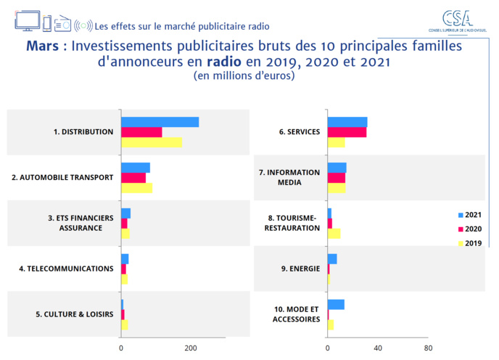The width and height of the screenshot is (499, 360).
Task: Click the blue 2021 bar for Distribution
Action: pos(160,122)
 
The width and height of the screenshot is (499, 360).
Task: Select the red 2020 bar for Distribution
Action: pos(141,132)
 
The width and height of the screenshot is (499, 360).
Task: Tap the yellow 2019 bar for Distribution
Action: pos(152,142)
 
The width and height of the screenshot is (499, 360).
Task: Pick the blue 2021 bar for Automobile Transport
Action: pos(136,168)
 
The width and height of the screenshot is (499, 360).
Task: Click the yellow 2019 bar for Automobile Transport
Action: pos(136,188)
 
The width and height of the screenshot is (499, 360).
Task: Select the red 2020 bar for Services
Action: pos(347,132)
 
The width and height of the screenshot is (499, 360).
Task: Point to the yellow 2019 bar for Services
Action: pos(336,142)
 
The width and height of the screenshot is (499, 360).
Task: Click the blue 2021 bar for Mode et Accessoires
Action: pos(336,304)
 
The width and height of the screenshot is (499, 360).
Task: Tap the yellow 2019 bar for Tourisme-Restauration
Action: pos(334,233)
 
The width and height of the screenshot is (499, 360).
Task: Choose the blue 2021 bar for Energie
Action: pos(332,259)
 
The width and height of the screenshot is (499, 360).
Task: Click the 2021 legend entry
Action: pos(469,216)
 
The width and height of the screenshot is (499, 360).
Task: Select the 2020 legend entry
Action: pos(469,229)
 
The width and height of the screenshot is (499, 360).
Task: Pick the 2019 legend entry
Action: pos(469,243)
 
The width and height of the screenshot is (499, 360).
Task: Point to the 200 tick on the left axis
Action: pos(191,348)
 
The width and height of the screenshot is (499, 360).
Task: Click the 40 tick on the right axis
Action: pos(377,348)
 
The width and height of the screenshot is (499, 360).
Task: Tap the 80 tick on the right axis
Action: pos(428,348)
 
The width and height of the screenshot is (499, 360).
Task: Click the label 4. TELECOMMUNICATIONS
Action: pos(66,269)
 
